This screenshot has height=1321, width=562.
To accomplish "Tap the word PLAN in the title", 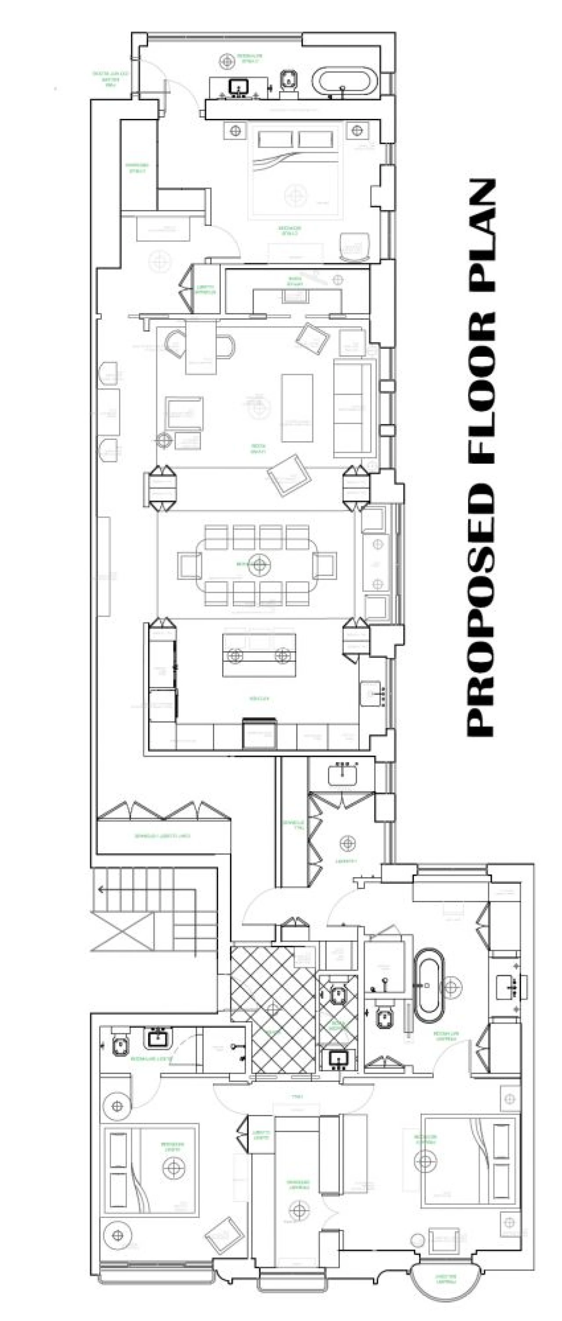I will (x=481, y=236).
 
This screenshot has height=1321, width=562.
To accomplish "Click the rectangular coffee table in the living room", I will (x=297, y=408).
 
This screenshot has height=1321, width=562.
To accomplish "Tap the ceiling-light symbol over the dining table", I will (x=259, y=565).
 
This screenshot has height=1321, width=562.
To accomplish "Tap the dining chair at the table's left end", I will (x=188, y=565).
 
